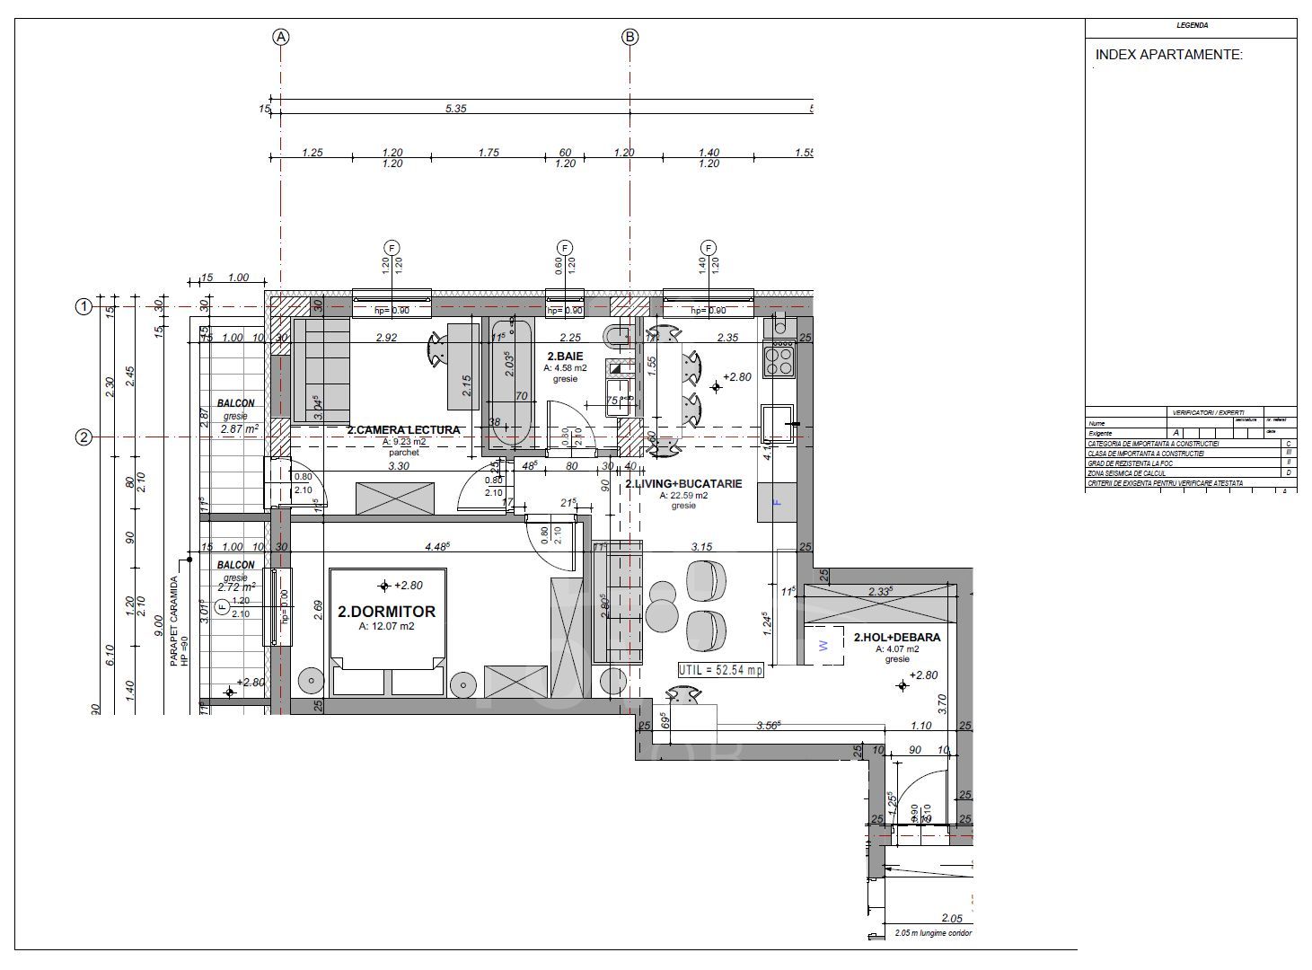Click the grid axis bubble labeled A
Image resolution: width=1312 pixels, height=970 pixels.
pyautogui.click(x=281, y=37)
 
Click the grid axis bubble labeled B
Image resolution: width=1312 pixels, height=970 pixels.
pyautogui.click(x=630, y=37)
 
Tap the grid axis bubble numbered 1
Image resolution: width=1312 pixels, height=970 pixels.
pyautogui.click(x=84, y=307)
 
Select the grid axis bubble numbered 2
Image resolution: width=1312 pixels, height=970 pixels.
pyautogui.click(x=84, y=437)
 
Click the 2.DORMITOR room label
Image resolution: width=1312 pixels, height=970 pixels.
pyautogui.click(x=386, y=612)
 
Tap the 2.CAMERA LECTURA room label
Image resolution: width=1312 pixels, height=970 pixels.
pyautogui.click(x=403, y=430)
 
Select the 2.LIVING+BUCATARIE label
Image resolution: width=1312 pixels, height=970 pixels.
pyautogui.click(x=683, y=483)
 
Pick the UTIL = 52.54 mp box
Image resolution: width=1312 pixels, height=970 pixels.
pyautogui.click(x=720, y=670)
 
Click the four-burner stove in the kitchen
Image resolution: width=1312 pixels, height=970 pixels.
pyautogui.click(x=779, y=358)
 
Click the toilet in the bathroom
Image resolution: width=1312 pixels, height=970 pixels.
pyautogui.click(x=619, y=337)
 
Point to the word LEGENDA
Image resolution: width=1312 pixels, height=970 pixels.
pyautogui.click(x=1192, y=25)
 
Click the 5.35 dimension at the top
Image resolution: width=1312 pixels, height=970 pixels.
pyautogui.click(x=456, y=109)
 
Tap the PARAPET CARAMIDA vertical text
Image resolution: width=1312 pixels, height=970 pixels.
pyautogui.click(x=174, y=620)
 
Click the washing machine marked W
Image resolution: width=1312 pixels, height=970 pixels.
pyautogui.click(x=823, y=645)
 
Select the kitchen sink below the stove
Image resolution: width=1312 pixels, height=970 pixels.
pyautogui.click(x=778, y=423)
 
